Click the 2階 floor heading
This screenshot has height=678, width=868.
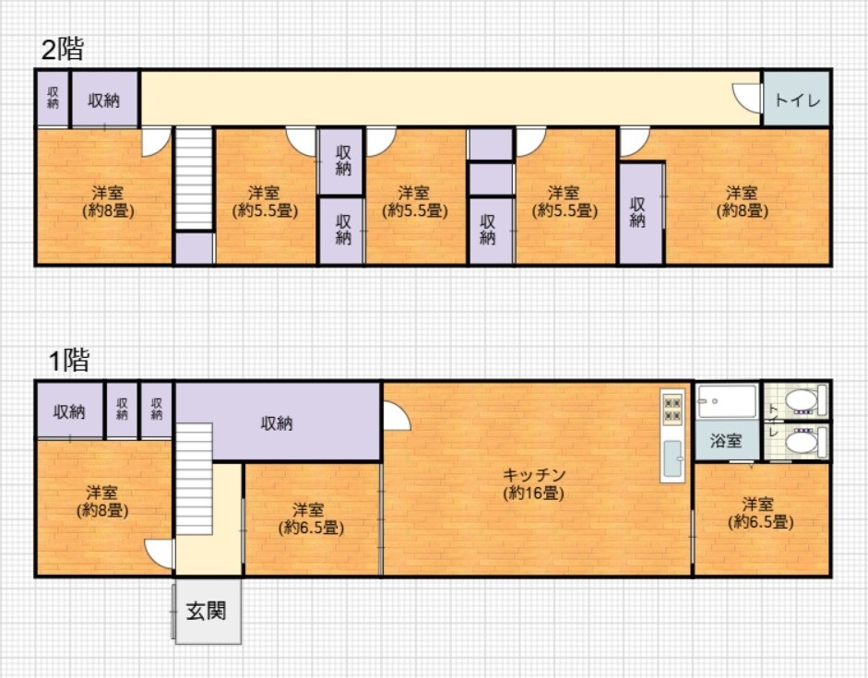click(x=63, y=49)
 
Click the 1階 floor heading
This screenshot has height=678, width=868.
click(x=69, y=361)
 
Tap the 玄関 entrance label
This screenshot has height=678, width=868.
click(x=206, y=611)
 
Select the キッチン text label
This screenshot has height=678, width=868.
click(x=534, y=474)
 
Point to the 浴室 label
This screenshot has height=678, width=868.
click(x=726, y=441)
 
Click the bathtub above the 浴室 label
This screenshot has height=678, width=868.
click(x=727, y=401)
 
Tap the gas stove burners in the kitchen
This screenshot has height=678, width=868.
click(x=672, y=409)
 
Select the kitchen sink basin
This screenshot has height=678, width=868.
click(x=672, y=458)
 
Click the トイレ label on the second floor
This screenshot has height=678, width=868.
click(x=797, y=101)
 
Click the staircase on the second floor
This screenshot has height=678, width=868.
click(x=194, y=178)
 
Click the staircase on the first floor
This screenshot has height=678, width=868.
click(x=195, y=479)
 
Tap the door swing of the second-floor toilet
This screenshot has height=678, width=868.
click(x=747, y=98)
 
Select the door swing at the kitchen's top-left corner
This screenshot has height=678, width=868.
click(x=397, y=416)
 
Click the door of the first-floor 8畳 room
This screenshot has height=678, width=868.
click(x=160, y=554)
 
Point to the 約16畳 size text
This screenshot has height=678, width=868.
click(x=534, y=493)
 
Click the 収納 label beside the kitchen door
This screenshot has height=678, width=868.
click(x=276, y=423)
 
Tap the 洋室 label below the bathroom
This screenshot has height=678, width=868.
click(x=758, y=505)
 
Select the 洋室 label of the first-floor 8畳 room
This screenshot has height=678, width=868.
click(x=101, y=493)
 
